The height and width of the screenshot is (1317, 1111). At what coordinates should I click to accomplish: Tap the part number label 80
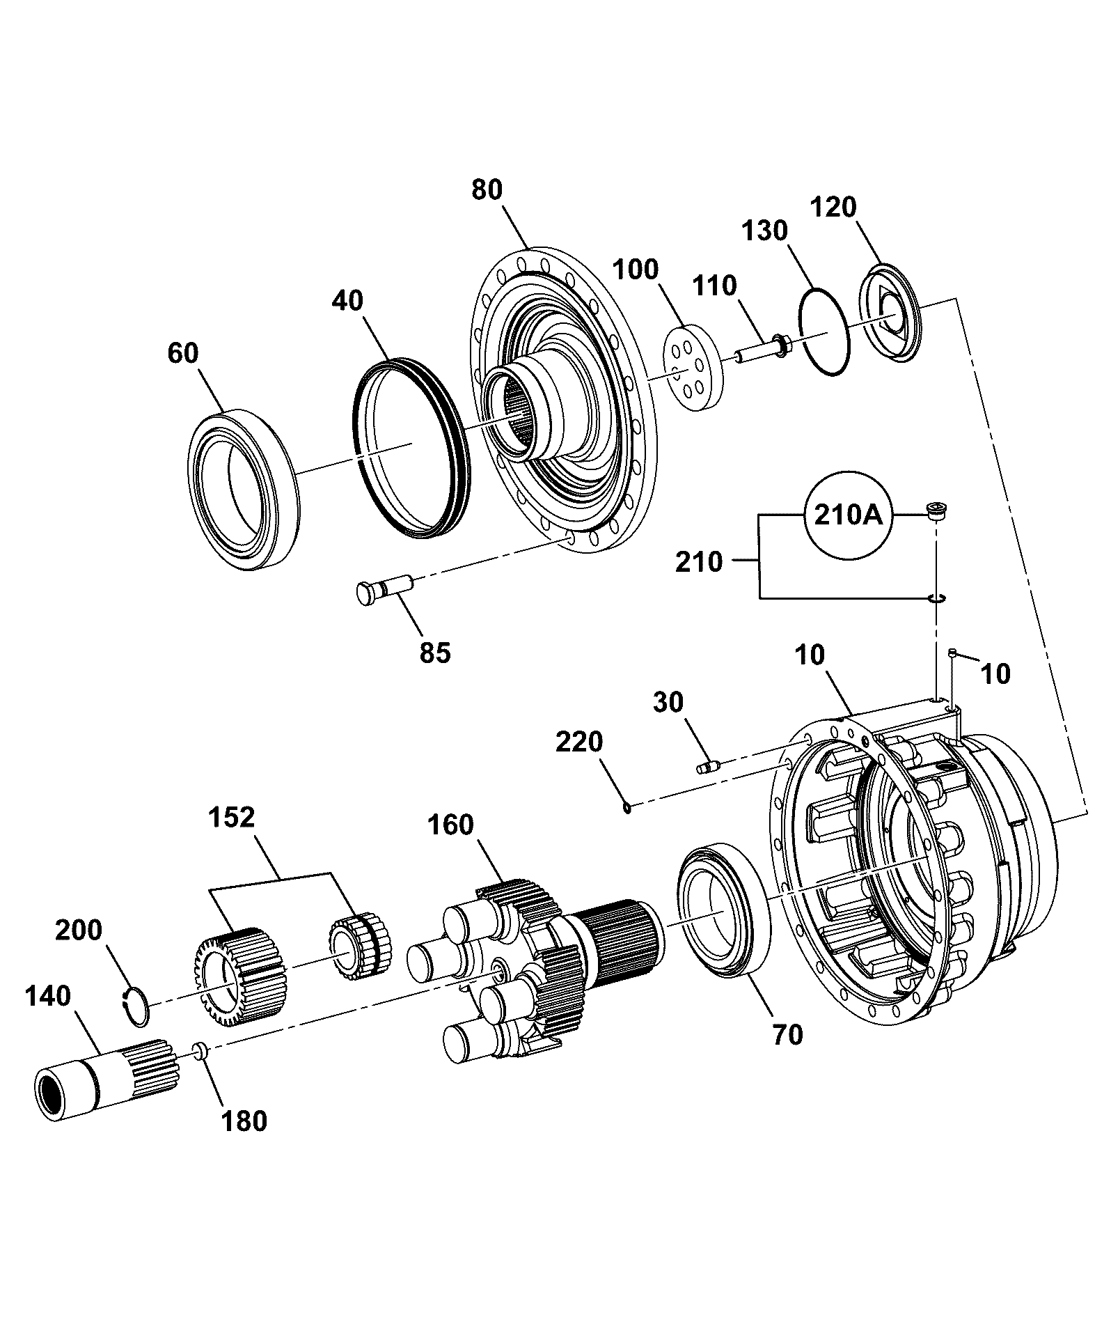coord(487,189)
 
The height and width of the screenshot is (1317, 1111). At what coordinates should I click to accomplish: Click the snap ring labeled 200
coord(136,1006)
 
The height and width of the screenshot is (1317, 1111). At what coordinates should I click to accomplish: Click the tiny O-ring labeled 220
coord(627,808)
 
